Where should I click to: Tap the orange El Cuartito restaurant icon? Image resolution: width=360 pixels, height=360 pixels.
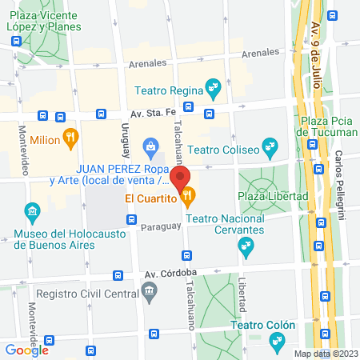click(188, 194)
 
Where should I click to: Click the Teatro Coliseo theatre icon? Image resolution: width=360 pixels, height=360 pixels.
click(270, 146)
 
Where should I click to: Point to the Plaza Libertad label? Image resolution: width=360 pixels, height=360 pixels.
click(273, 196)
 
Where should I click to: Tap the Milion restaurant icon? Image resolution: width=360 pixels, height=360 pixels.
click(70, 138)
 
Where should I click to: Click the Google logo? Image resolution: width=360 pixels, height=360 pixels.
click(26, 350)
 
